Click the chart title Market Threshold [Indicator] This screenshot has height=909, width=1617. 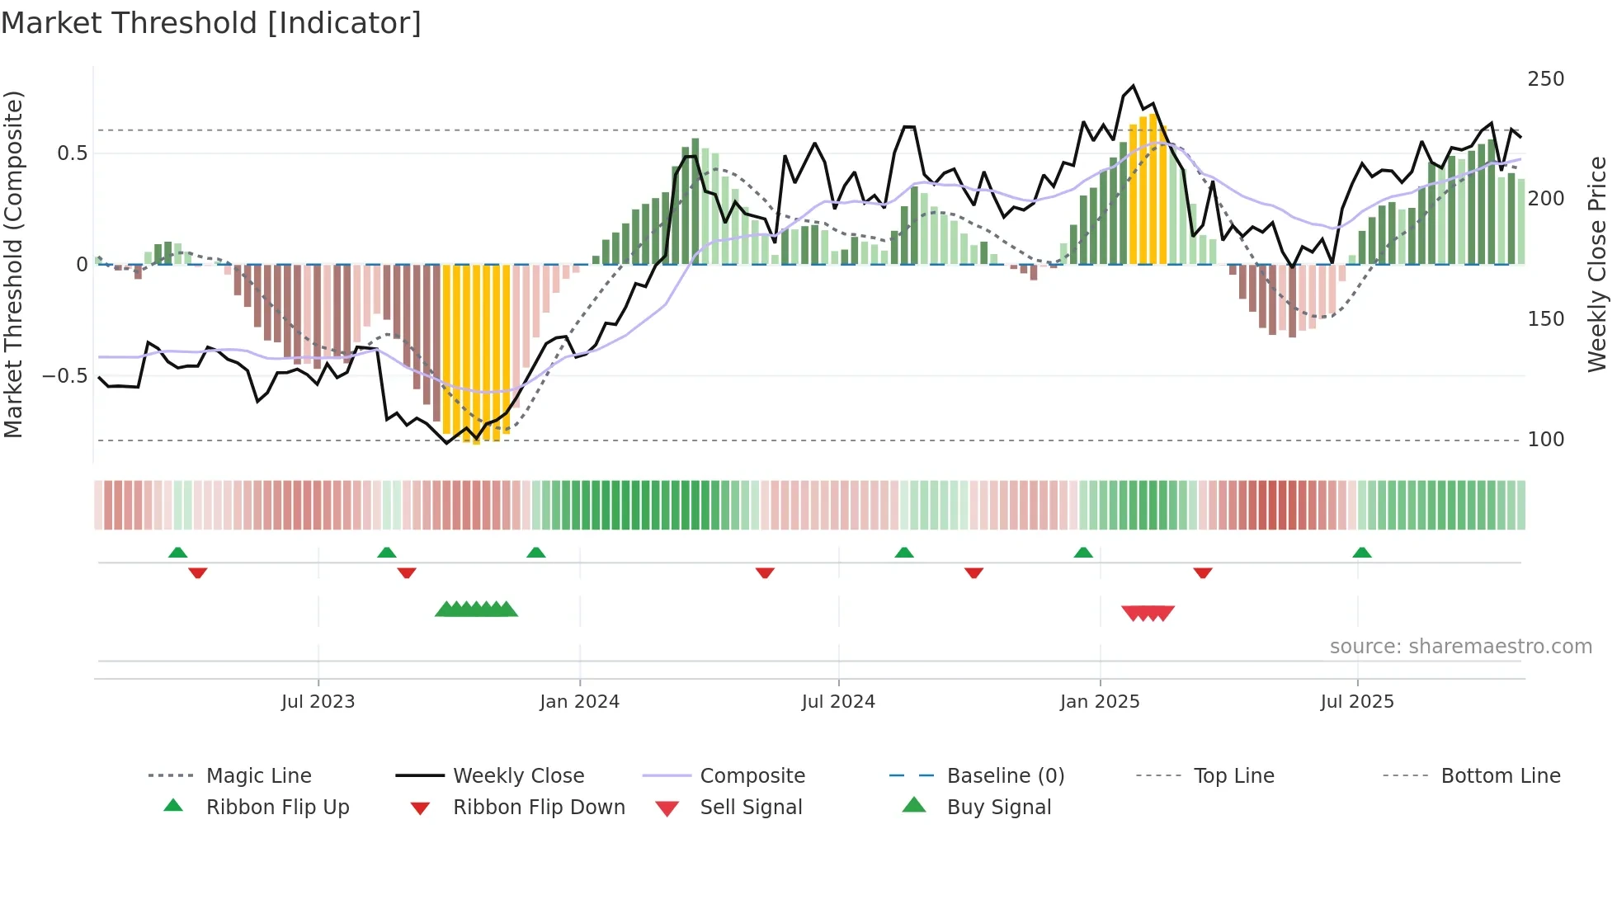211,23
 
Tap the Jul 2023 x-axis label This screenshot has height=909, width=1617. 318,702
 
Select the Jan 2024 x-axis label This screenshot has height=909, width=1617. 579,702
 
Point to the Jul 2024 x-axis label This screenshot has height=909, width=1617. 838,702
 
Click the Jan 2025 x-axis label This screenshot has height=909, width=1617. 1100,702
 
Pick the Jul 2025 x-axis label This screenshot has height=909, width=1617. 1357,702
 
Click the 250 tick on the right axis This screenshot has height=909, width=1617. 1545,79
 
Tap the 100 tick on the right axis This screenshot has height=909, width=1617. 1545,440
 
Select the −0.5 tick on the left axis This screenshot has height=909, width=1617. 65,376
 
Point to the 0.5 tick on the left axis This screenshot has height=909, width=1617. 72,153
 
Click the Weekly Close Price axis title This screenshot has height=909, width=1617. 1597,264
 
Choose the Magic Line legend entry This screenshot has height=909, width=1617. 258,776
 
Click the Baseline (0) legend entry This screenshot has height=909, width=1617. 1005,776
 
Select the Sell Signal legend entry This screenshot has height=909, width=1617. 751,808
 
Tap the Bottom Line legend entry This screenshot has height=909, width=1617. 1500,776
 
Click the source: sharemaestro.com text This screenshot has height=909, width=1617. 1460,647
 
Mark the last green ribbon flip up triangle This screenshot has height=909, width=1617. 1362,553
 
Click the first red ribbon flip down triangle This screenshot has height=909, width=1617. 197,572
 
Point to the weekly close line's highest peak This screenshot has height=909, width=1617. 1134,86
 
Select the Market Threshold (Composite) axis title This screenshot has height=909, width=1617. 14,264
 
